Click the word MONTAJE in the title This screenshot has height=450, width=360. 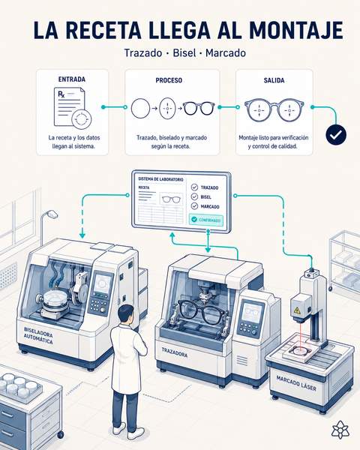(x=296, y=30)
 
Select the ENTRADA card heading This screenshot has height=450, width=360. (x=72, y=79)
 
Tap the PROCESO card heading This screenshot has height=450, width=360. (x=169, y=80)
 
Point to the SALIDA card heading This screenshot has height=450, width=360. (x=274, y=80)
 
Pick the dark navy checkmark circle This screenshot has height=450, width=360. (x=336, y=134)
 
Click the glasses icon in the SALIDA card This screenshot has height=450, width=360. (x=274, y=109)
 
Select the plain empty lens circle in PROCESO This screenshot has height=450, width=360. (x=140, y=109)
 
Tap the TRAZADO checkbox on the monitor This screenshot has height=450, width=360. (x=194, y=187)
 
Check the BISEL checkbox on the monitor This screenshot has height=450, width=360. (x=194, y=196)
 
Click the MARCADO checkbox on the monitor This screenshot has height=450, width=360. (x=194, y=206)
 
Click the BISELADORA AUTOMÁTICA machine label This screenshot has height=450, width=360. (x=38, y=335)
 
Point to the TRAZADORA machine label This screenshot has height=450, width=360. (x=174, y=352)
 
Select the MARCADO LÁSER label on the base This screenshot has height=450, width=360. (x=296, y=383)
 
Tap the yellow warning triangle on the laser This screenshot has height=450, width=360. (x=297, y=310)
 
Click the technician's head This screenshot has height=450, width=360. (x=126, y=314)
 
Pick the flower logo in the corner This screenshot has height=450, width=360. (x=340, y=430)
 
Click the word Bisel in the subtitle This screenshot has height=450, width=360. (x=184, y=53)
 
